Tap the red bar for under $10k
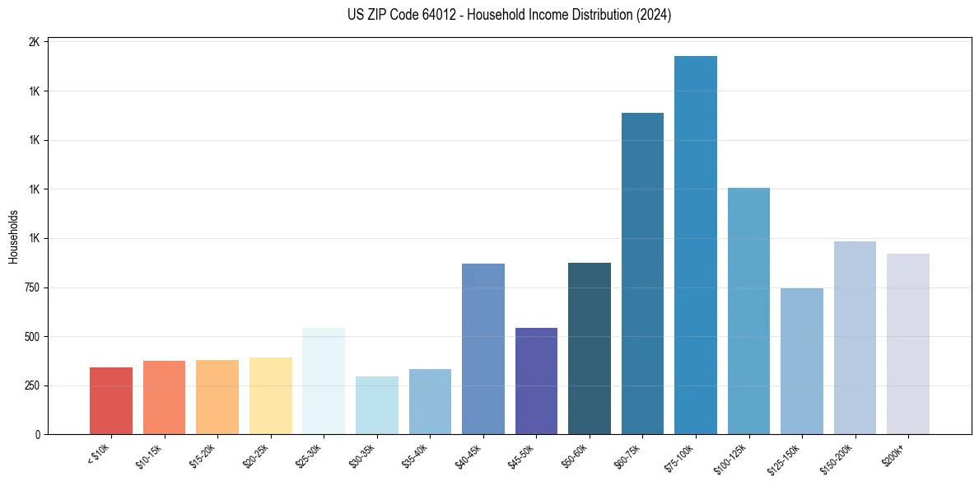[111, 400]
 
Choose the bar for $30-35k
[377, 405]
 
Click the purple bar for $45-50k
[536, 381]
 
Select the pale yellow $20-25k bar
[271, 395]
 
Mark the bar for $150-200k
[855, 338]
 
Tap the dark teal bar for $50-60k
[590, 348]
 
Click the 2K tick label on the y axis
[34, 42]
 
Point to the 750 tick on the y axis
[30, 287]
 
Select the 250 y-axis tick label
[30, 386]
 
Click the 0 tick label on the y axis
[38, 435]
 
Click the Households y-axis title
[14, 236]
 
